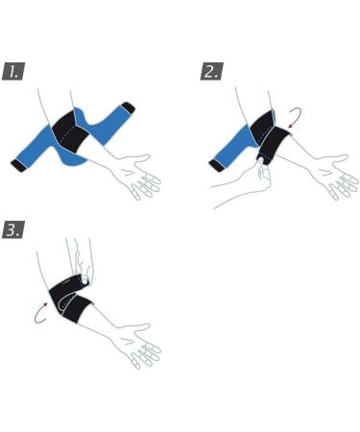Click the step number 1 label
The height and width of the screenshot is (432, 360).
[x=13, y=72]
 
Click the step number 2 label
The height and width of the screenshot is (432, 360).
[x=211, y=72]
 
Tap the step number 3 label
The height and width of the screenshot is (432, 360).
[x=13, y=229]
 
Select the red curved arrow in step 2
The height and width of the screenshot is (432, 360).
[x=295, y=118]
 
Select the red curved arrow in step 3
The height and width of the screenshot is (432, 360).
[x=40, y=313]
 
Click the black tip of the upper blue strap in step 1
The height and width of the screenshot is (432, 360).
[x=128, y=108]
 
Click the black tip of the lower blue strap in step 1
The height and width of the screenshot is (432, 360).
[x=18, y=165]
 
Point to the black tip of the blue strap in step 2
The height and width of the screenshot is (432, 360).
[x=216, y=165]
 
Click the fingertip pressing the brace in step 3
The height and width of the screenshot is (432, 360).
[x=84, y=280]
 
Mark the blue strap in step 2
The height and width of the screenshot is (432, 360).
[x=233, y=147]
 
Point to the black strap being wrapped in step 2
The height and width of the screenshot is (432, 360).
[x=273, y=146]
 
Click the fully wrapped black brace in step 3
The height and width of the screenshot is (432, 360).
[x=69, y=299]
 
